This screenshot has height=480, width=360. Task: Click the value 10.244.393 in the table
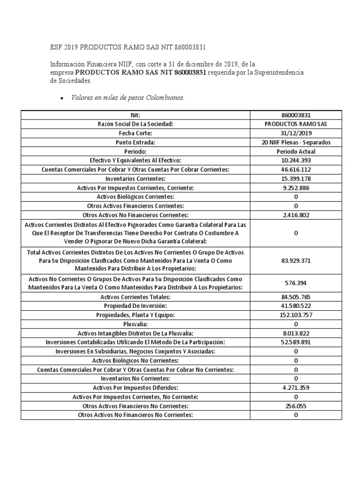[295, 160]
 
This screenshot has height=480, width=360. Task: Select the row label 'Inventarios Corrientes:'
[135, 179]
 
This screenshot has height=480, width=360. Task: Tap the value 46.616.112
[295, 169]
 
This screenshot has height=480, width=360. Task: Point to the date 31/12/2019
[295, 133]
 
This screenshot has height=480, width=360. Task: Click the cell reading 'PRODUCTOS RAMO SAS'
[295, 124]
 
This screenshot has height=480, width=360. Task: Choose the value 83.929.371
[295, 260]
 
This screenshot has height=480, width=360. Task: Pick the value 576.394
[295, 283]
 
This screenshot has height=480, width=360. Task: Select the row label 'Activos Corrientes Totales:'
[135, 297]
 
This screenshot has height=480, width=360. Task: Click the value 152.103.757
[295, 315]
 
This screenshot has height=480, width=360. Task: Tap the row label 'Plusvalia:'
[135, 324]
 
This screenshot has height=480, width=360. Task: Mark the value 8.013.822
[295, 333]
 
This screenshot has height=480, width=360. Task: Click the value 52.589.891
[295, 342]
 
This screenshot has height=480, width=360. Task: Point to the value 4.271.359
[295, 388]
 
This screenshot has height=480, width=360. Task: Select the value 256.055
[295, 406]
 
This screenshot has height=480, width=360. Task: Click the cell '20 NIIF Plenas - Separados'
[295, 142]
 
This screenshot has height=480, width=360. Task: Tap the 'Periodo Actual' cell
[295, 151]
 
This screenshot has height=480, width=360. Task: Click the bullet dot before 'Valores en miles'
[62, 99]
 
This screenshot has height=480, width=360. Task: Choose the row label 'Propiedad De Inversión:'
[135, 306]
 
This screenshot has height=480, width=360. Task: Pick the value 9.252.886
[295, 187]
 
